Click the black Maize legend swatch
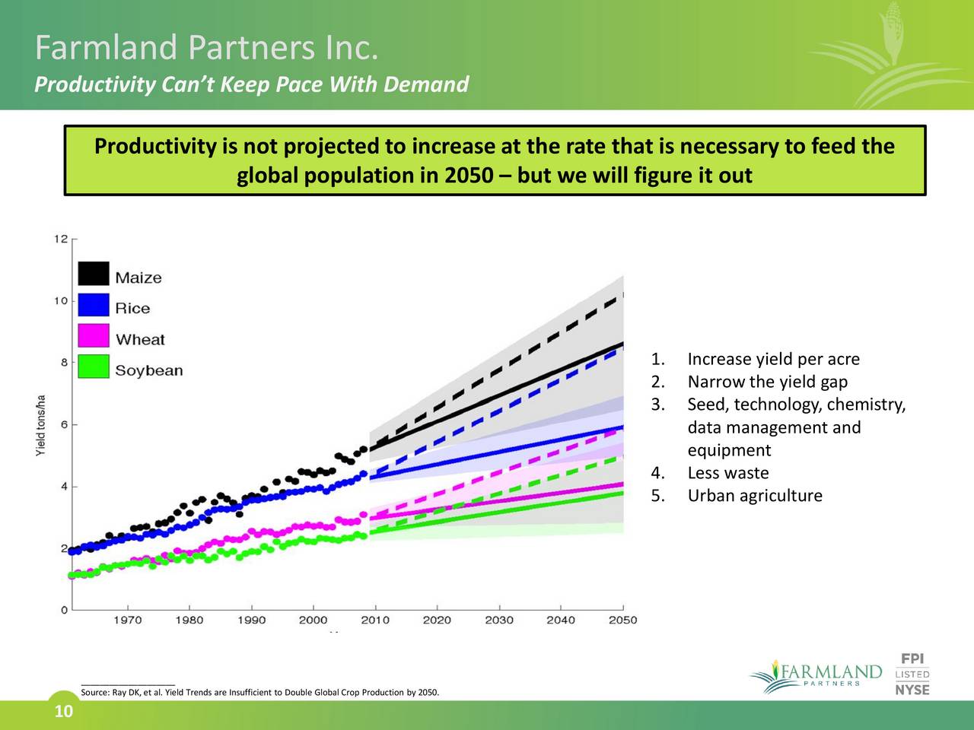(x=94, y=274)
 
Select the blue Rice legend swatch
(x=94, y=305)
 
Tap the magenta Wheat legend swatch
(x=94, y=336)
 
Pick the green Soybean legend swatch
(x=94, y=367)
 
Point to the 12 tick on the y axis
(x=61, y=239)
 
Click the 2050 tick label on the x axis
(x=622, y=620)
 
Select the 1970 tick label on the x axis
(x=128, y=620)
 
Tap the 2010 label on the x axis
(x=375, y=620)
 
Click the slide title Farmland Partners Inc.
(x=206, y=49)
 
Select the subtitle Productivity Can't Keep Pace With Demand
(x=251, y=84)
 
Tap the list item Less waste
(x=727, y=473)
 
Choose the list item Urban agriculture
(x=754, y=496)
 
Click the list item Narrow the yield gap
(x=767, y=382)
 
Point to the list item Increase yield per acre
(x=773, y=359)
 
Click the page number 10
(x=64, y=712)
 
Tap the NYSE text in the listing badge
(x=912, y=690)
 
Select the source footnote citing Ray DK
(x=259, y=693)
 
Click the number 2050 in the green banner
(x=468, y=176)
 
